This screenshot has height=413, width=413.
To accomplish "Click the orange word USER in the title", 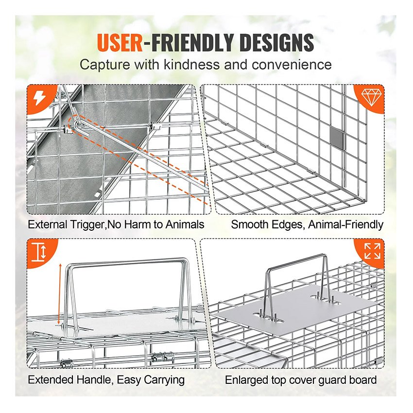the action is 120,42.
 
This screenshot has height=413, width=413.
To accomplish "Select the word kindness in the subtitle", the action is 192,65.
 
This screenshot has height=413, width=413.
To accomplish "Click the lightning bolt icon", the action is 40,99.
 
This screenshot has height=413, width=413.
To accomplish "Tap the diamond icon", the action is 371,97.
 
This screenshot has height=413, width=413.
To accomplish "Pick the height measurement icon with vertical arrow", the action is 39,252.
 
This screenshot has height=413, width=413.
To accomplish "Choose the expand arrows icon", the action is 372,251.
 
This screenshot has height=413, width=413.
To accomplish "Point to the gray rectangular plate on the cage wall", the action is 337,138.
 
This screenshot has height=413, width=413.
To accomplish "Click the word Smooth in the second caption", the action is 249,224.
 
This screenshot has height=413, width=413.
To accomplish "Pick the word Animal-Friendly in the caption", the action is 345,224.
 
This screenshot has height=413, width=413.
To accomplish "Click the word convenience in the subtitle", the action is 292,65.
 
